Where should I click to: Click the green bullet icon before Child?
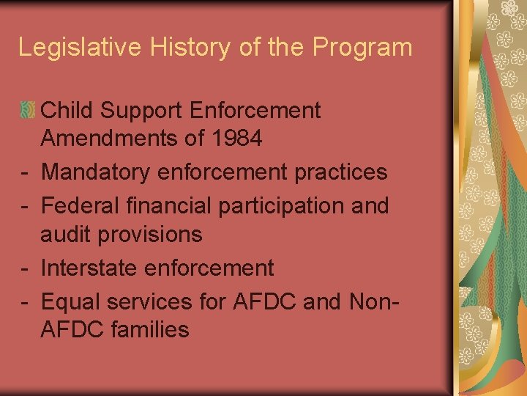(x=28, y=111)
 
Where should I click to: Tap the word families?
(x=150, y=330)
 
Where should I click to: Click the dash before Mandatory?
(x=25, y=173)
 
